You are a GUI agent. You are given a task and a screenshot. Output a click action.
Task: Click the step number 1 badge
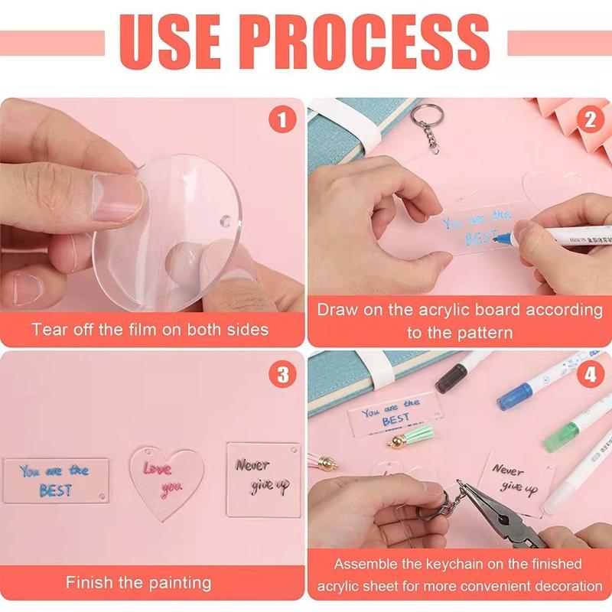pos(282,120)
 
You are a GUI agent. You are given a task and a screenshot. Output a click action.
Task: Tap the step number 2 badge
pos(589,120)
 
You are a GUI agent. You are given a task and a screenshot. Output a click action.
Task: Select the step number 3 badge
pos(282,374)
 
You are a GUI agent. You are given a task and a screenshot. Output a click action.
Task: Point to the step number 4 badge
pos(589,374)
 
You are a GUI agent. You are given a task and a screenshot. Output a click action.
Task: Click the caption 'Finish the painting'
pos(138,582)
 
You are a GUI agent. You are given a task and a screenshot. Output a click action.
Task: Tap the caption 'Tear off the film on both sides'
pos(150,330)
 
